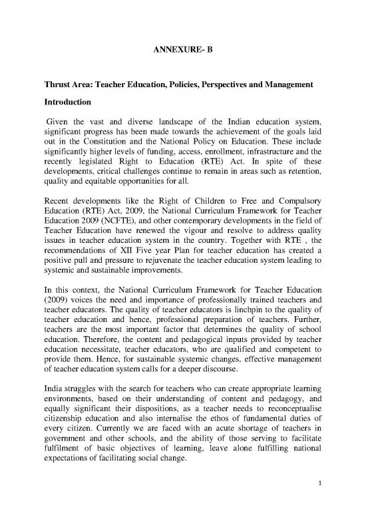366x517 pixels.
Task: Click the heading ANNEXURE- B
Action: [182, 49]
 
